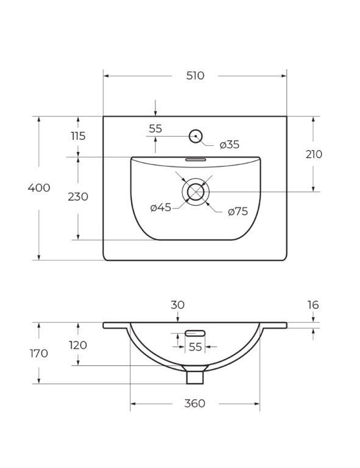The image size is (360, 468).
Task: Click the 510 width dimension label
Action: [195, 76]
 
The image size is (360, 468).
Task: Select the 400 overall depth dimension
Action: [39, 188]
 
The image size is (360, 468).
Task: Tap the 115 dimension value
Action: [78, 136]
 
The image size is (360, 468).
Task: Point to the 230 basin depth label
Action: [78, 197]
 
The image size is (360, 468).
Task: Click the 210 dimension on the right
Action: [314, 154]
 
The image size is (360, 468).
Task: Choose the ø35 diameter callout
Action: [229, 144]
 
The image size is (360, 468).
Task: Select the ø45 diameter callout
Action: [161, 208]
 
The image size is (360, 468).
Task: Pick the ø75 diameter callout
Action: [238, 211]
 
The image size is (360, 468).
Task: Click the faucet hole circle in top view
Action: [195, 136]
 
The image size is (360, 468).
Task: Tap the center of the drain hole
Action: [195, 192]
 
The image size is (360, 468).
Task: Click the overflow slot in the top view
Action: [195, 159]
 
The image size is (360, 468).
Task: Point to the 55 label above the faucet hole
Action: [156, 129]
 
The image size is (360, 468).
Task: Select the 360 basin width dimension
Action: [195, 404]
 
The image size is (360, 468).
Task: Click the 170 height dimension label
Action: [39, 353]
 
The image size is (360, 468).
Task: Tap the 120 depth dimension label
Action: [78, 345]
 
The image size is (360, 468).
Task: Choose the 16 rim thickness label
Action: [313, 305]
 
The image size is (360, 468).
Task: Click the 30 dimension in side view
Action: [177, 305]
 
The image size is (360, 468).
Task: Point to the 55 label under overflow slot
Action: [195, 347]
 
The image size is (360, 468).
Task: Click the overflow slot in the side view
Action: [195, 333]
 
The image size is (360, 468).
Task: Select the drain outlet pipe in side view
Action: [195, 377]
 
